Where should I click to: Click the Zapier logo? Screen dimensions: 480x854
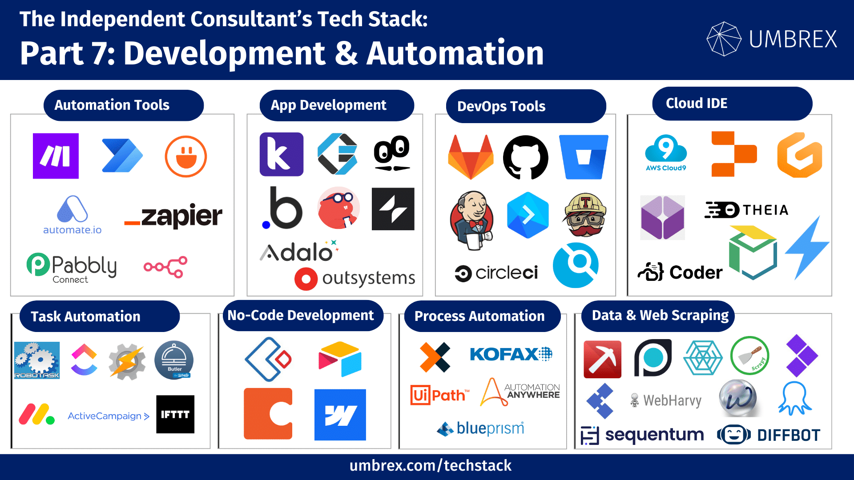(173, 216)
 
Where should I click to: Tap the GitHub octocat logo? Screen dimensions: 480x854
(525, 157)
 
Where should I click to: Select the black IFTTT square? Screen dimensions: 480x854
(175, 414)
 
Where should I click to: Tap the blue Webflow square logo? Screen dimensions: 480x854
(340, 415)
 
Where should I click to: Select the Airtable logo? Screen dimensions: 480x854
(340, 359)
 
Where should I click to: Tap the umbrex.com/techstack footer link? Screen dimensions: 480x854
(430, 466)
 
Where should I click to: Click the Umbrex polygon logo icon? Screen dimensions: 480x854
(724, 39)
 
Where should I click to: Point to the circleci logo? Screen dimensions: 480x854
(496, 273)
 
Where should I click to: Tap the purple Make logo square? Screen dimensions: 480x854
(56, 156)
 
